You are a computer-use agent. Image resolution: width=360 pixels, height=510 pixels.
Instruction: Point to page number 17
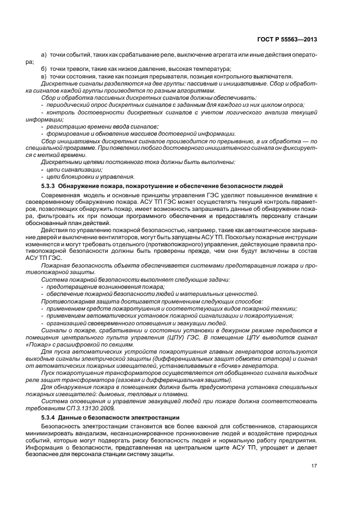click(x=314, y=465)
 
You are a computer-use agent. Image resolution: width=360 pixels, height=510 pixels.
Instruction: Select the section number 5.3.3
click(x=48, y=186)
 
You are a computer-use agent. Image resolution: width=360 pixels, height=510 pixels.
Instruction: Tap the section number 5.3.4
click(x=48, y=417)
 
